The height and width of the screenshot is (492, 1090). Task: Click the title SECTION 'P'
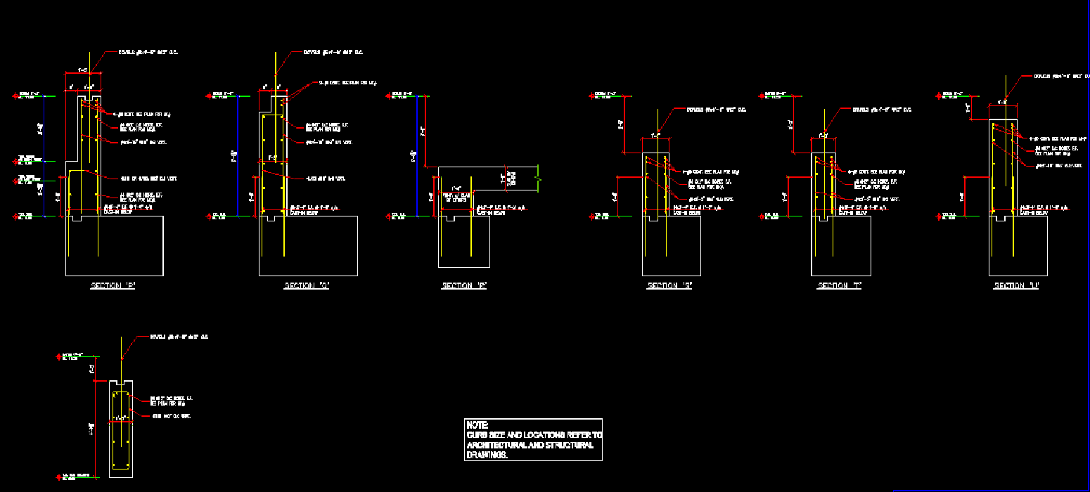[x=113, y=286]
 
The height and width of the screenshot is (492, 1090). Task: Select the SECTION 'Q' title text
[x=307, y=286]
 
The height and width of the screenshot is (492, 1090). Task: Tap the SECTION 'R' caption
[x=464, y=286]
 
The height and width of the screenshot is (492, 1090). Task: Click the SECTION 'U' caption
[x=1016, y=286]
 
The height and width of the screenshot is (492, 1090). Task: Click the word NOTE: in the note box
[x=477, y=425]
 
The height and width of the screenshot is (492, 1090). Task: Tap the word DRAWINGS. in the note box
[x=487, y=455]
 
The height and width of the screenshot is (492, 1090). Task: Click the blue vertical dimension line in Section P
[x=44, y=155]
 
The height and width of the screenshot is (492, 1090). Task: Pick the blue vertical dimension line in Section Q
[x=238, y=155]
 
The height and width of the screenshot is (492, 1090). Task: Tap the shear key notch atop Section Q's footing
[x=270, y=219]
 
